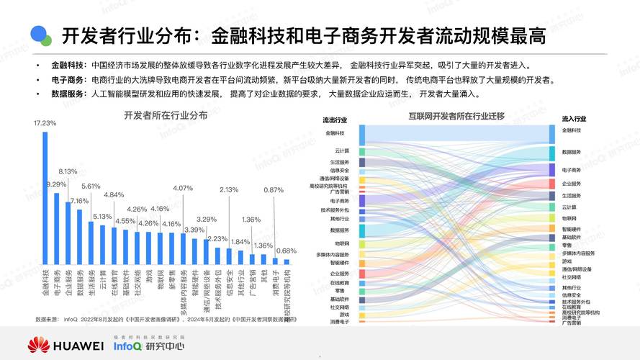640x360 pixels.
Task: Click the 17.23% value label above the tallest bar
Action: tap(45, 123)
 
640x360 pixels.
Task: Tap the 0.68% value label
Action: tap(287, 251)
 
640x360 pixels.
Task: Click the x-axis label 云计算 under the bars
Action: tap(102, 277)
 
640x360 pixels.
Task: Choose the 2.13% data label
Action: tap(229, 189)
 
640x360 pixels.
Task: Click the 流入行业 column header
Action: tap(574, 118)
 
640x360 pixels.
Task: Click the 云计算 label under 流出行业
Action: tap(342, 150)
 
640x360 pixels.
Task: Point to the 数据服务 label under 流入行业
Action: tap(572, 152)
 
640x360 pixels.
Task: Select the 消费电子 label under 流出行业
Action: tap(340, 322)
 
